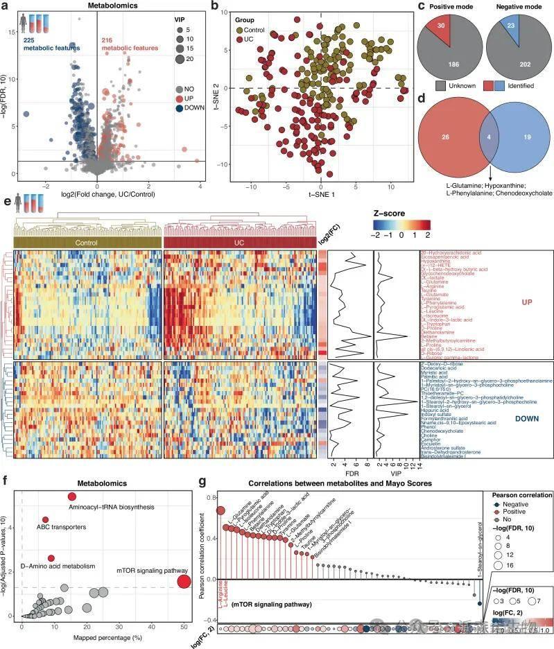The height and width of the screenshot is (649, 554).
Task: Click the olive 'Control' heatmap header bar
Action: [87, 243]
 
